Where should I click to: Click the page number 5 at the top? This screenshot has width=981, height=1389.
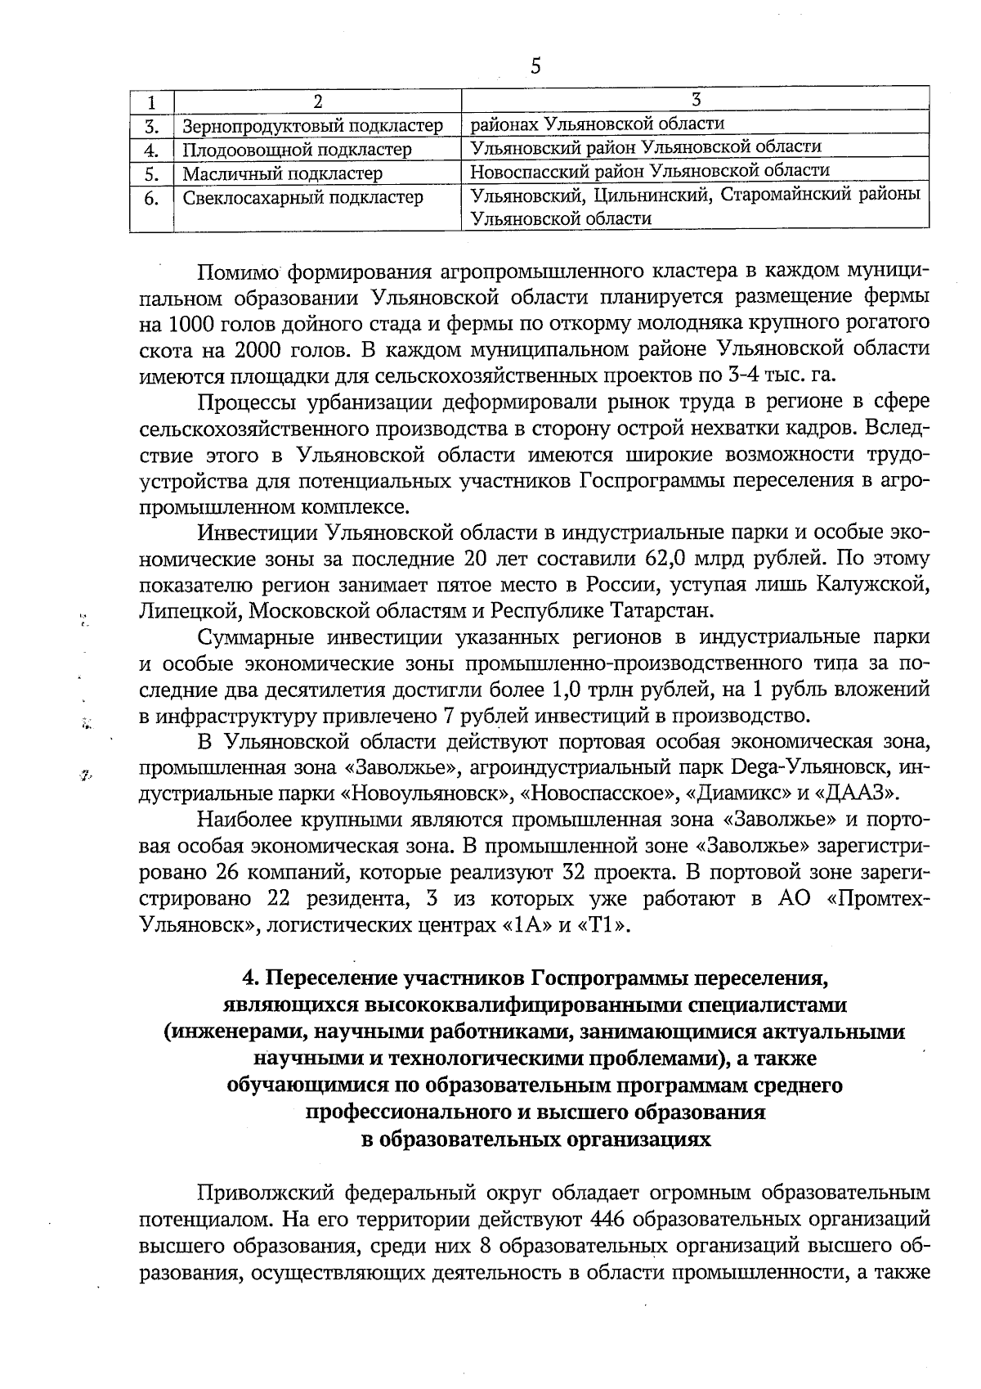point(535,66)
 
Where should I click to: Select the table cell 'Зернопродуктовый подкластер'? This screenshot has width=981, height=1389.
point(312,126)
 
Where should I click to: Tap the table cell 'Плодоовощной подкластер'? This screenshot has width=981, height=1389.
point(297,150)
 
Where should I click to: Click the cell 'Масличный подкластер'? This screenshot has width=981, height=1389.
point(282,173)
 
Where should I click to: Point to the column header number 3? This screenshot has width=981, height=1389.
point(696,100)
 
